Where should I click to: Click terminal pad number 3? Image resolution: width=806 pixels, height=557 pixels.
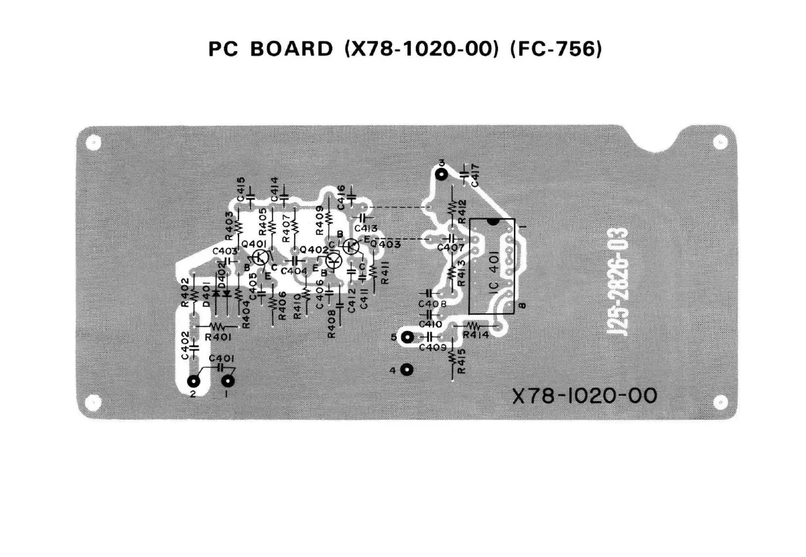[441, 175]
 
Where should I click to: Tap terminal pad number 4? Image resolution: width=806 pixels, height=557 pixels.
[406, 369]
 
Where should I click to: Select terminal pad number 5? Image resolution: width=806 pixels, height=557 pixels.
[406, 337]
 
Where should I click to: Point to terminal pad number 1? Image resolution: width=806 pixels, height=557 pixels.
[228, 382]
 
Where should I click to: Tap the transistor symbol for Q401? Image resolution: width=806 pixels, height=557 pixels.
[263, 256]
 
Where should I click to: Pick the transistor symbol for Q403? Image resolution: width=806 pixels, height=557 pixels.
[350, 246]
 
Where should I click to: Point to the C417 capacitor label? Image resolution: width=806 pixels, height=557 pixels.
[475, 175]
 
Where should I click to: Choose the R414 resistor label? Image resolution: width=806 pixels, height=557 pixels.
[476, 335]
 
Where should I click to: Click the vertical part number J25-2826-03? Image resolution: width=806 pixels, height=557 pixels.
[620, 281]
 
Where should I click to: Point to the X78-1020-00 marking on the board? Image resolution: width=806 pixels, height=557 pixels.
[584, 396]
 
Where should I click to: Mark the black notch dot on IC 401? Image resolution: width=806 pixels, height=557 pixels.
[493, 221]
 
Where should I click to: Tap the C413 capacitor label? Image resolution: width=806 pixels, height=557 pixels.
[366, 228]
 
